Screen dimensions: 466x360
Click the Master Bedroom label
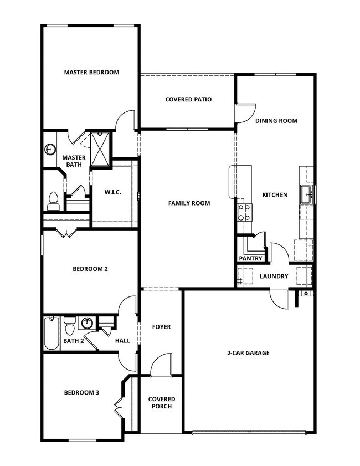click(x=91, y=72)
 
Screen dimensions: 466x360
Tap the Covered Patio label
click(x=188, y=100)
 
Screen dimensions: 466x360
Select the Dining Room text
click(x=276, y=121)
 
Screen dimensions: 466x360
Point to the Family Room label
click(x=189, y=203)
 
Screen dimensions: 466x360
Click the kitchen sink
click(x=307, y=194)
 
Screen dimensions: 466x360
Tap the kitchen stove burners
click(x=244, y=212)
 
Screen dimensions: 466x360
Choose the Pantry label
click(x=250, y=259)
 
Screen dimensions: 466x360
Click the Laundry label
click(x=274, y=276)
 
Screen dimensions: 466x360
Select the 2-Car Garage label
click(x=248, y=352)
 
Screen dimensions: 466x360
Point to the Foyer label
click(x=161, y=327)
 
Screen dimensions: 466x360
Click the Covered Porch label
click(x=162, y=403)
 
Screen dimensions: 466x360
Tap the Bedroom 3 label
click(x=81, y=393)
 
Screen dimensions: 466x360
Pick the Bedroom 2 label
click(x=90, y=269)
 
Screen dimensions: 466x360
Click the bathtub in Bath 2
click(x=52, y=333)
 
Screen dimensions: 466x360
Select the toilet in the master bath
click(x=53, y=200)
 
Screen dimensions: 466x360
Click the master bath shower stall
click(x=101, y=148)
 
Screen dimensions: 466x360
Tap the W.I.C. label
click(x=113, y=192)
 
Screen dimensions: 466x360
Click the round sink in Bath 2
click(x=87, y=323)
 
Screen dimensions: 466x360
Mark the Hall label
click(x=122, y=341)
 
